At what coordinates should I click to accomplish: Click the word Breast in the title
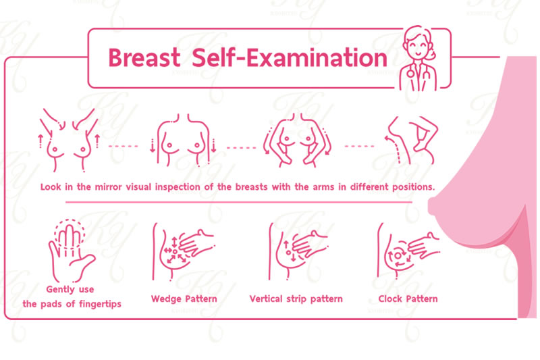(144, 57)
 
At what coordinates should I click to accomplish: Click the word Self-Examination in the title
(290, 57)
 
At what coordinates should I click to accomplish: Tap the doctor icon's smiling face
(417, 47)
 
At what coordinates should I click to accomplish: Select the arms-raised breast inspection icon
(70, 140)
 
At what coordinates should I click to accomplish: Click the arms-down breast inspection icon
(183, 140)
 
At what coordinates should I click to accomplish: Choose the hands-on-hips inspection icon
(297, 140)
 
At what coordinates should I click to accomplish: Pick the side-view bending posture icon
(411, 140)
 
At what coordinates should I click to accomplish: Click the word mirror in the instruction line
(108, 187)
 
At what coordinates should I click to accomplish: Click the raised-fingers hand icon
(70, 251)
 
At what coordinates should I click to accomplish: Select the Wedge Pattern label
(184, 299)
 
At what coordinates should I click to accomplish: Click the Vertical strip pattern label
(296, 299)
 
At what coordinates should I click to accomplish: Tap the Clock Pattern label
(408, 299)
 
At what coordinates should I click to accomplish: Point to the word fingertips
(100, 304)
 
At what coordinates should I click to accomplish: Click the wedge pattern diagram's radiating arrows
(175, 251)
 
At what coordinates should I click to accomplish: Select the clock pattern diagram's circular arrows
(398, 256)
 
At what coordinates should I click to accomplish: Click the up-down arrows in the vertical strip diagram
(290, 251)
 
